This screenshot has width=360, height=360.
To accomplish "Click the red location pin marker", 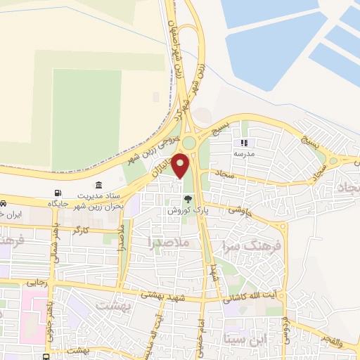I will click(x=181, y=165).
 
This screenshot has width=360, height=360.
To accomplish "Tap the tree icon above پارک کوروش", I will click(x=187, y=198).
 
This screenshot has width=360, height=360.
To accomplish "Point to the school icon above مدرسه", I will click(x=245, y=143).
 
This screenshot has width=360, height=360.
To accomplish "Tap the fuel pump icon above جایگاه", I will click(x=57, y=193).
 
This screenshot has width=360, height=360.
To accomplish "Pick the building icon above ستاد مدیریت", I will click(x=99, y=184).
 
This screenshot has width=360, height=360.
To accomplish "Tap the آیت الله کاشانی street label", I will click(x=255, y=296).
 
